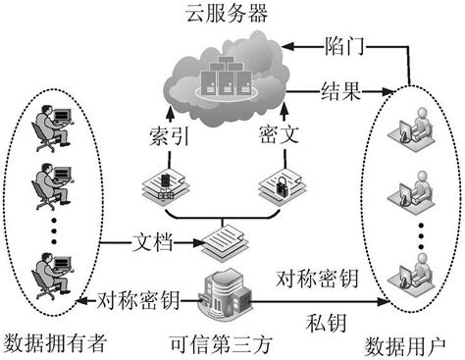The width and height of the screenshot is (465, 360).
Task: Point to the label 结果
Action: click(342, 94)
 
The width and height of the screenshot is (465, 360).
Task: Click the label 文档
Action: click(151, 238)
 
